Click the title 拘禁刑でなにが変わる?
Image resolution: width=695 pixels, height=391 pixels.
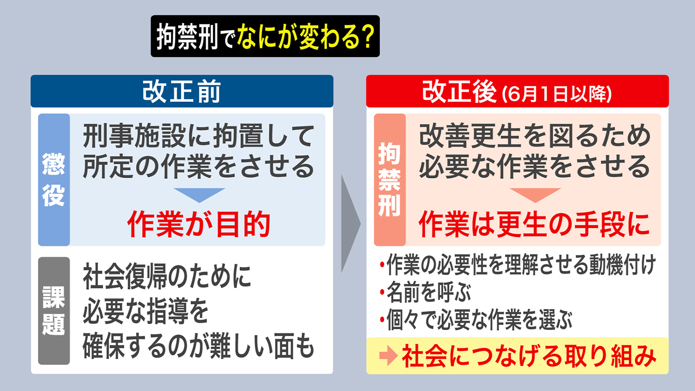pyautogui.click(x=265, y=36)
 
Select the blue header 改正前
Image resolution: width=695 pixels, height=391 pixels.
pyautogui.click(x=182, y=91)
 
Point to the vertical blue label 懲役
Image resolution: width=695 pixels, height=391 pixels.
pyautogui.click(x=54, y=180)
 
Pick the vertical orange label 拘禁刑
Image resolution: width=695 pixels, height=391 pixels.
pyautogui.click(x=389, y=180)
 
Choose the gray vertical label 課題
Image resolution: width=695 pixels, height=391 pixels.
pyautogui.click(x=54, y=311)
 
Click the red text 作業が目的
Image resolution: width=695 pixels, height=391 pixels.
pyautogui.click(x=199, y=224)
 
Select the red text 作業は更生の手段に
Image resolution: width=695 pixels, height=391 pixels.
pyautogui.click(x=534, y=224)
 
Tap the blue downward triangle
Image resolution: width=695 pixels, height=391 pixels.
pyautogui.click(x=199, y=194)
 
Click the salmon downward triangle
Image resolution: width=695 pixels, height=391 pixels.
pyautogui.click(x=535, y=194)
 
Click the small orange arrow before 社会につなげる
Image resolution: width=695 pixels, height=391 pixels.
pyautogui.click(x=388, y=355)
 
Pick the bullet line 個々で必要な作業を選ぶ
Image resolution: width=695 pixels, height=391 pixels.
pyautogui.click(x=479, y=320)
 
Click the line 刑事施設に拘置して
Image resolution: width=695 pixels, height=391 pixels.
pyautogui.click(x=199, y=136)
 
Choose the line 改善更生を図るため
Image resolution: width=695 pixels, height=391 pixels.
pyautogui.click(x=534, y=136)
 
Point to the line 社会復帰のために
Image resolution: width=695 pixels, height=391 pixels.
pyautogui.click(x=167, y=277)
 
